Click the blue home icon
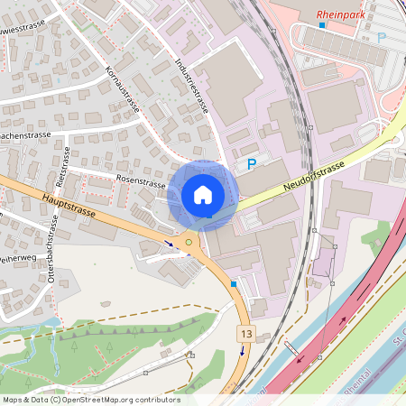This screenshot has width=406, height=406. pyautogui.click(x=203, y=194)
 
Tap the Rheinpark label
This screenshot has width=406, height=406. pyautogui.click(x=342, y=14)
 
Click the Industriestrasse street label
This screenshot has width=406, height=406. pyautogui.click(x=191, y=87)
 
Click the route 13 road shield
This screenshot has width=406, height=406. pyautogui.click(x=245, y=335)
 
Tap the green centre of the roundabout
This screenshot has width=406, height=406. pyautogui.click(x=189, y=241)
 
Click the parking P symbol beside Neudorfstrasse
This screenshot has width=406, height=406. pyautogui.click(x=252, y=164)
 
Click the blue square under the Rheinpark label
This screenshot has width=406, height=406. pyautogui.click(x=321, y=25)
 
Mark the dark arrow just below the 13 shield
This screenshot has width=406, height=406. pyautogui.click(x=241, y=350)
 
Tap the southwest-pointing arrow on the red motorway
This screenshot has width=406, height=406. pyautogui.click(x=298, y=359)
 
